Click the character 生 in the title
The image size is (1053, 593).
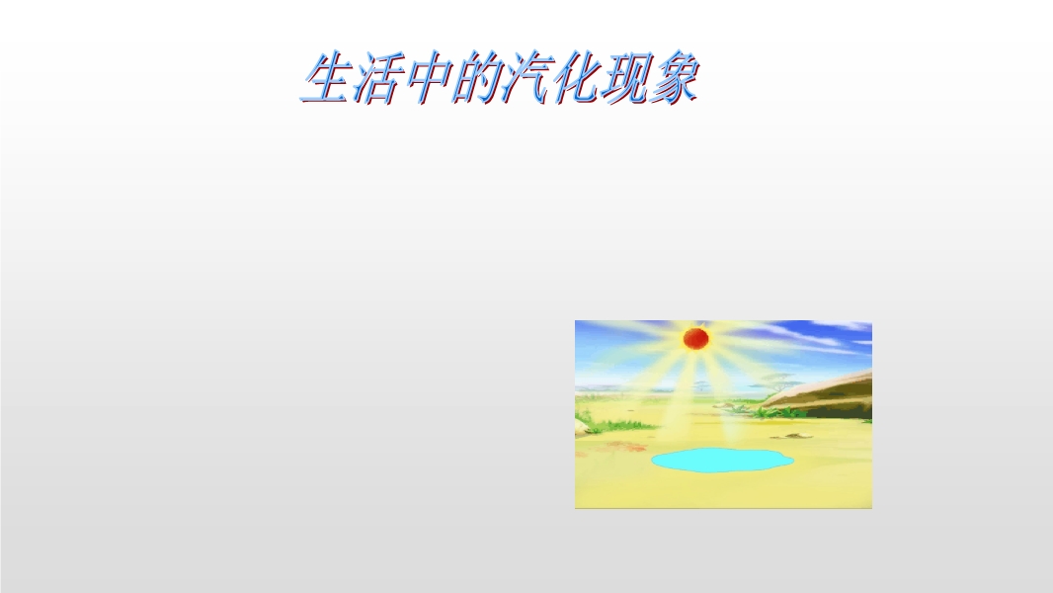[326, 78]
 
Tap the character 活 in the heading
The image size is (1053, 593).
[376, 78]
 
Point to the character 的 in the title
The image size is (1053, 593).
[476, 78]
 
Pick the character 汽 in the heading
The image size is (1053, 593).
[526, 78]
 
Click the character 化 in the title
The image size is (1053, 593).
[576, 78]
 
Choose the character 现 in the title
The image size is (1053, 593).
[625, 78]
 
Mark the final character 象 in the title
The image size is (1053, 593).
[675, 78]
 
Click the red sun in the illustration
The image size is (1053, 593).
[695, 338]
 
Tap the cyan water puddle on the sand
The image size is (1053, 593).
[722, 460]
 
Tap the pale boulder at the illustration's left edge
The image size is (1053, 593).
[582, 426]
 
